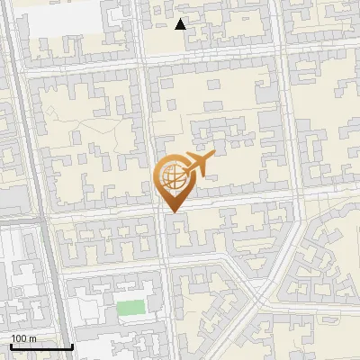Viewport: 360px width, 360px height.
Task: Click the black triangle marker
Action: [x=181, y=24]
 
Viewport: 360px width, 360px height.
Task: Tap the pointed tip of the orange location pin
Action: [x=172, y=211]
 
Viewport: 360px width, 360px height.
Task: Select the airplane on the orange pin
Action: [x=195, y=166]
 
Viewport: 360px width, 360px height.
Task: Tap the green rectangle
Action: [x=131, y=307]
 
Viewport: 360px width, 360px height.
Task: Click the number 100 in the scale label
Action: [x=18, y=338]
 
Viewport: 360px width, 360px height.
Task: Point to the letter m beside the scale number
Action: [x=32, y=338]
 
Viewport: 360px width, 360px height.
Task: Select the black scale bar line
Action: [x=40, y=346]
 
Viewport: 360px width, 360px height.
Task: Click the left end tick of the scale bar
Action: [x=10, y=346]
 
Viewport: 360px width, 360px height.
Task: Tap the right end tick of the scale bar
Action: [x=72, y=346]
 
